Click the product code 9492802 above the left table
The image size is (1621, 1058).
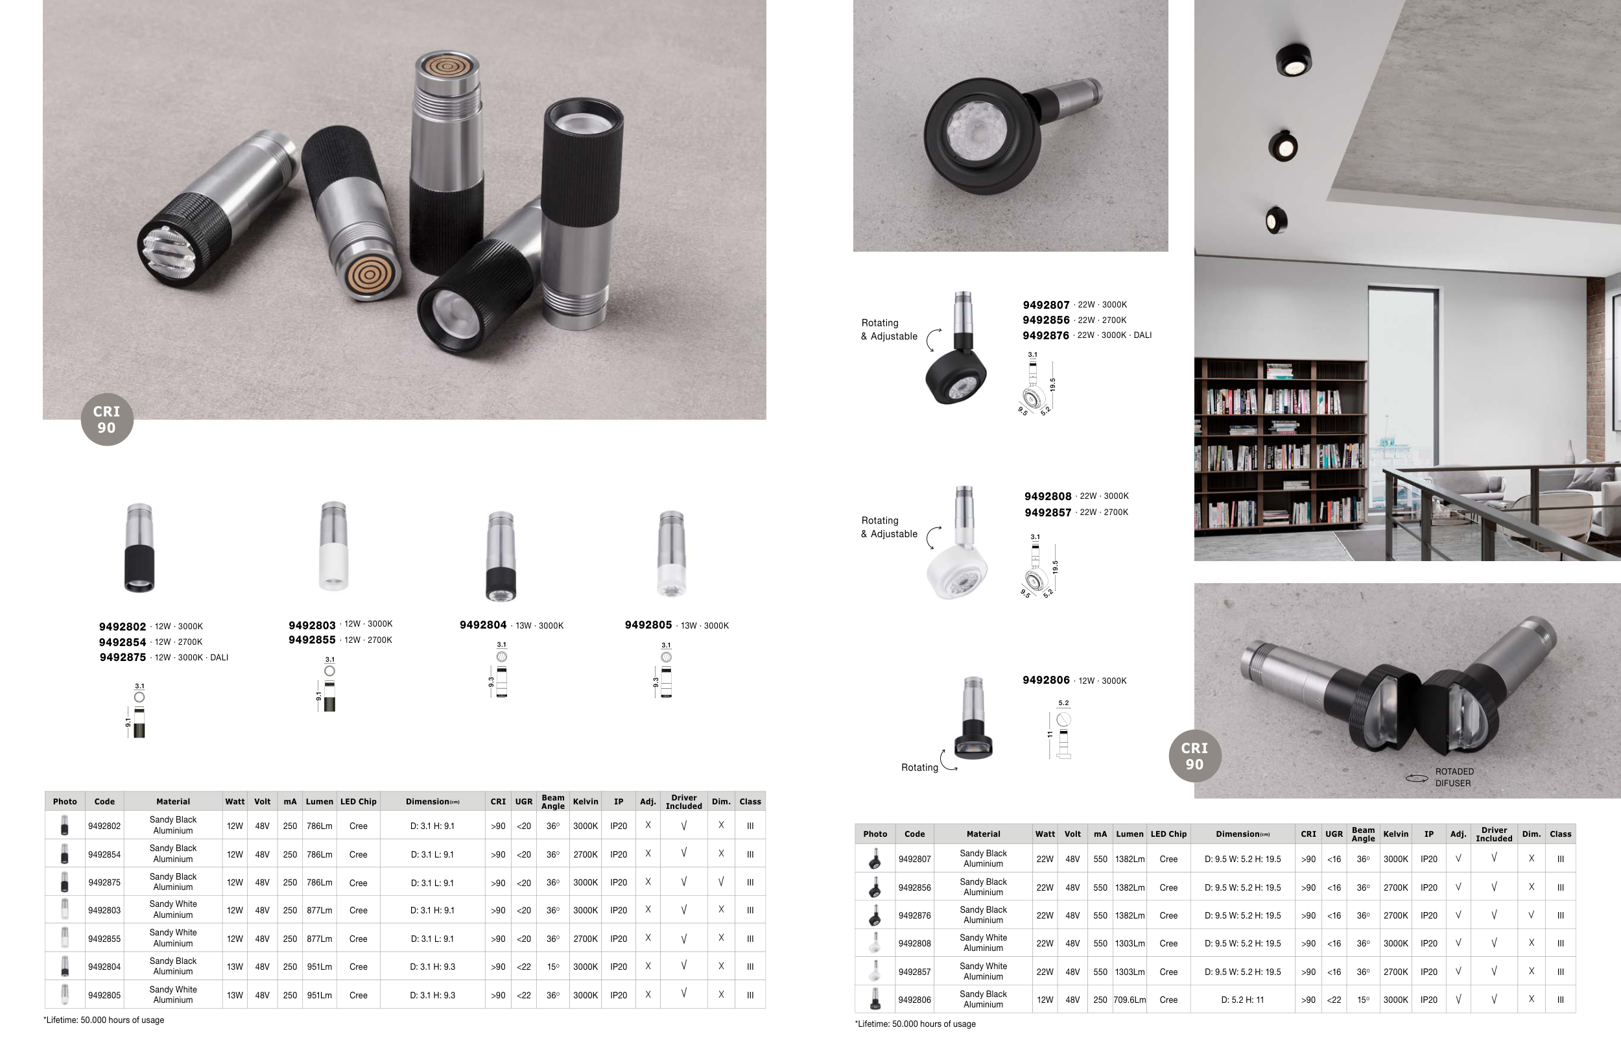tap(123, 627)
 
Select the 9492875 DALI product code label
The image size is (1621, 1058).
tap(123, 657)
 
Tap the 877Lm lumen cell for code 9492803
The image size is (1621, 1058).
tap(320, 910)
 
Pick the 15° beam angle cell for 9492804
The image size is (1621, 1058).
tap(552, 967)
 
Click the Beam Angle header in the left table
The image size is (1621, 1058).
tap(552, 801)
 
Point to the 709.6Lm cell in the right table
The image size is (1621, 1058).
tap(1130, 1000)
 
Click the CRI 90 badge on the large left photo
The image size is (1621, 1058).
tap(107, 420)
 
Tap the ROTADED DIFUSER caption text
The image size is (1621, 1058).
tap(1454, 777)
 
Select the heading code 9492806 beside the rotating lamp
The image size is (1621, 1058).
tap(1046, 680)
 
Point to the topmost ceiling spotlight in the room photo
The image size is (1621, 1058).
tap(1294, 60)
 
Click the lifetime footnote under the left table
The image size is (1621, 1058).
tap(104, 1020)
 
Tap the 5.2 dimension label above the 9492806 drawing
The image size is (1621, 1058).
tap(1063, 703)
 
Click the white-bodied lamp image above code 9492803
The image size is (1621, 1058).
tap(333, 546)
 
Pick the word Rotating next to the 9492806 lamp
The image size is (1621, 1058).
tap(919, 767)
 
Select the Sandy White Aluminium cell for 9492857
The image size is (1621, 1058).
tap(983, 972)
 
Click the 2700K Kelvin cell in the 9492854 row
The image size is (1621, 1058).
tap(585, 854)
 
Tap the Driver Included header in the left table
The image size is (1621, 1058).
tap(683, 801)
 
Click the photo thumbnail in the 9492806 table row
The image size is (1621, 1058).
tap(875, 1000)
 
